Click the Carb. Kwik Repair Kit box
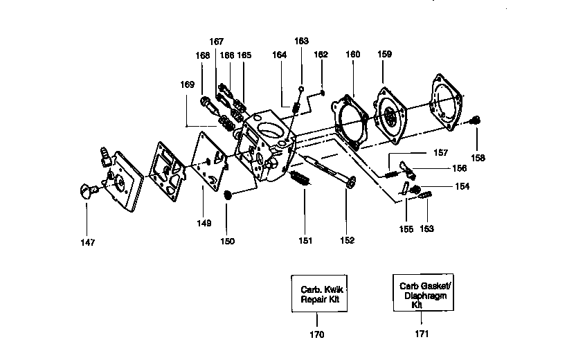317,294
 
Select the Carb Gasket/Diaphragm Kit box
422,294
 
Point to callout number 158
479,157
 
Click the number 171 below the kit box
422,334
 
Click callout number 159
384,53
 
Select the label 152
347,240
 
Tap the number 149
204,223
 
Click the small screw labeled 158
474,120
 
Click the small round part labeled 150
228,197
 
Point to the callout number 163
301,41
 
